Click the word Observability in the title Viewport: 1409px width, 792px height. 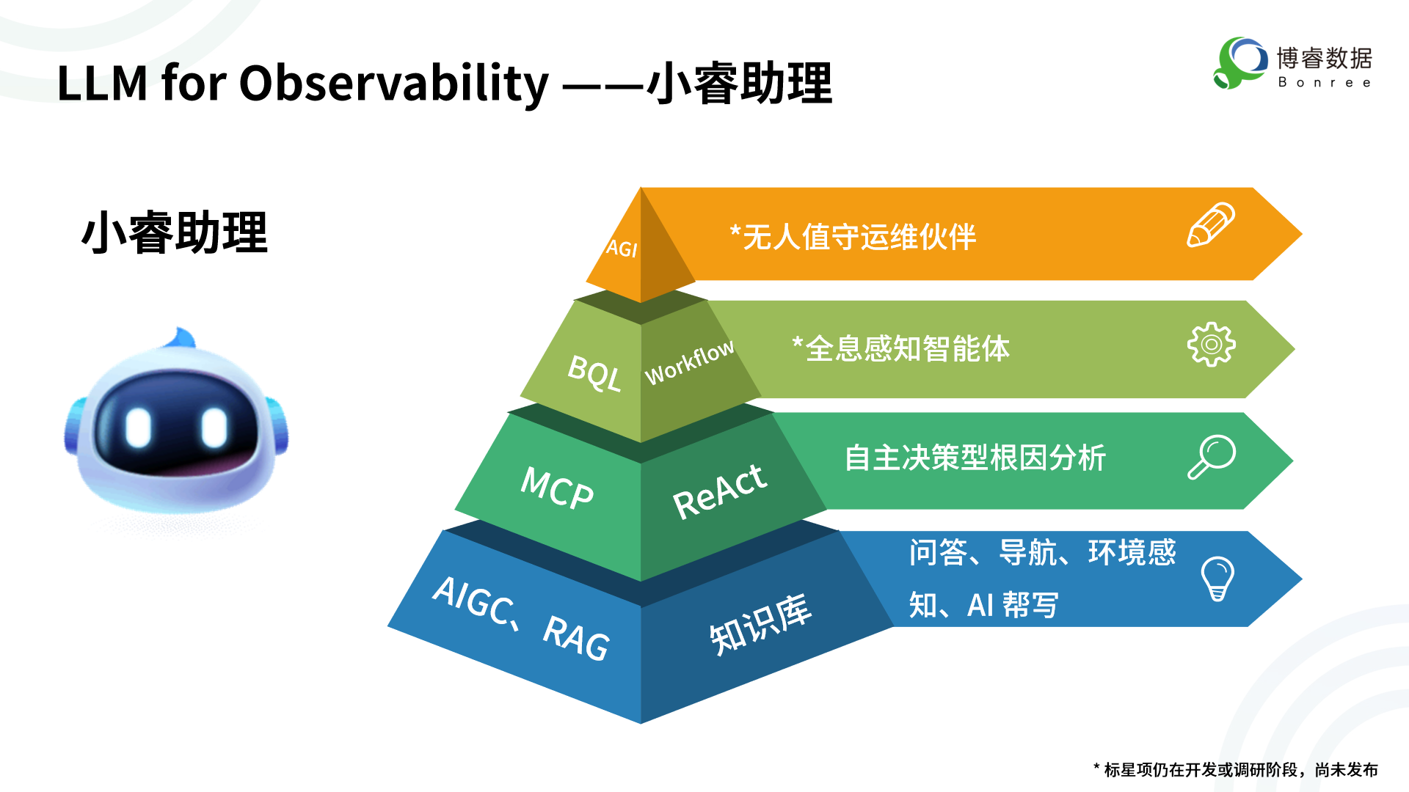[394, 84]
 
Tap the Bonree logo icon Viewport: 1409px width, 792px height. [1240, 63]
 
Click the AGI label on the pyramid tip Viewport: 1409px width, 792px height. [622, 249]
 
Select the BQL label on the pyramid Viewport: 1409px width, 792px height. [594, 373]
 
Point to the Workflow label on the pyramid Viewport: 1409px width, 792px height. [689, 362]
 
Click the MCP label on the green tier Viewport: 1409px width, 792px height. [557, 488]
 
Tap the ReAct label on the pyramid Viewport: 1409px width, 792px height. [719, 491]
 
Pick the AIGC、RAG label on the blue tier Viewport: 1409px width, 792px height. [521, 619]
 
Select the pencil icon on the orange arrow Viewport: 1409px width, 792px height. [1211, 225]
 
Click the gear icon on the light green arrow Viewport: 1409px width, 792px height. [1212, 344]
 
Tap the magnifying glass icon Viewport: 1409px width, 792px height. [1212, 457]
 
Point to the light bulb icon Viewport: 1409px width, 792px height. [1217, 579]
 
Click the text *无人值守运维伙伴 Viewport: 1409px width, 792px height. [853, 237]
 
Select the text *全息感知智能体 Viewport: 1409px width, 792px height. [901, 348]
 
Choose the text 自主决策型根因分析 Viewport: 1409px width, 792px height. [975, 458]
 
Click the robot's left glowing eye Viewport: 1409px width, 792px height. [138, 427]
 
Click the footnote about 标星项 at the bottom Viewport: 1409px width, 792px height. [1236, 769]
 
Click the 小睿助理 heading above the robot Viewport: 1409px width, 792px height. [175, 233]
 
